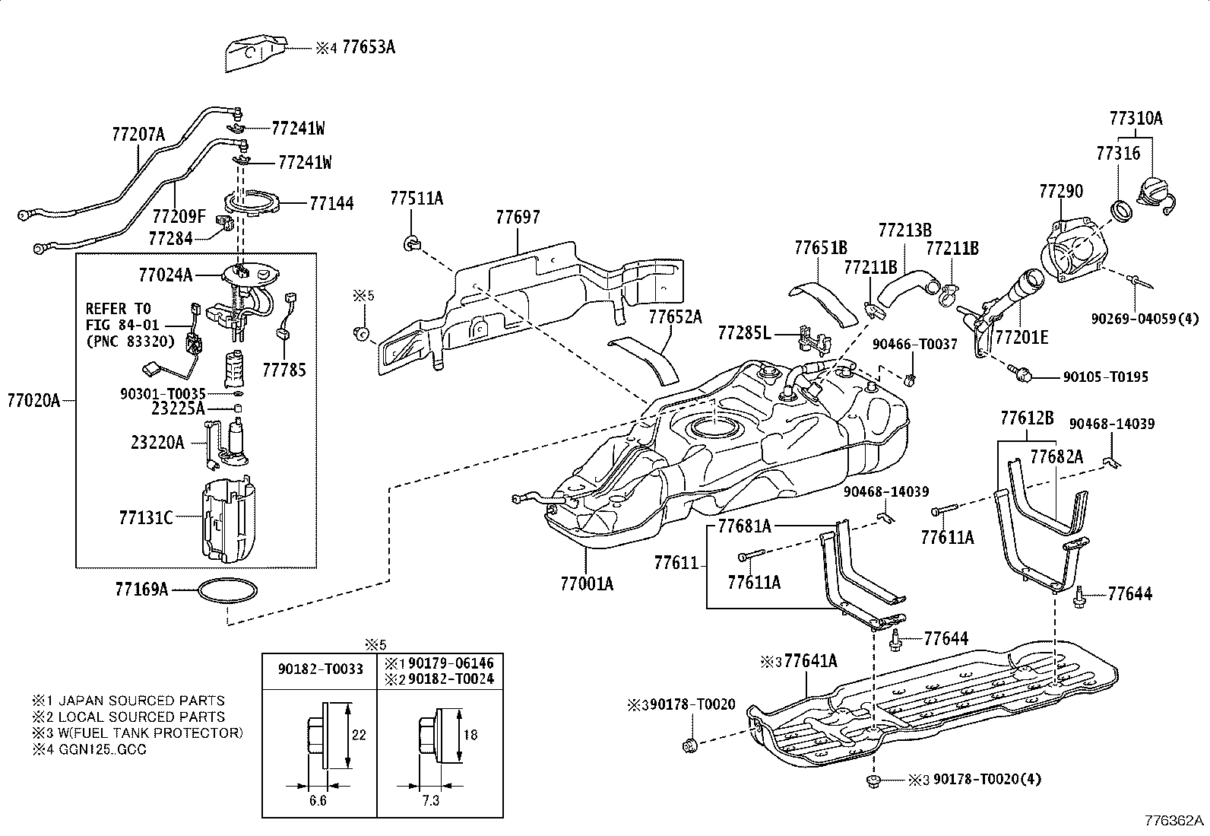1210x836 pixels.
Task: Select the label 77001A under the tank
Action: (x=586, y=583)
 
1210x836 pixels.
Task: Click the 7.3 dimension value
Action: (x=430, y=802)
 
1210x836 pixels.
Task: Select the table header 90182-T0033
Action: (x=320, y=669)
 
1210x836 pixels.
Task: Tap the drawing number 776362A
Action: (x=1175, y=822)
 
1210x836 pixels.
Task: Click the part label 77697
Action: (x=518, y=218)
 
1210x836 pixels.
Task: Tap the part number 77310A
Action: (x=1136, y=119)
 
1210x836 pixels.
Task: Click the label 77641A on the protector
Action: (x=810, y=661)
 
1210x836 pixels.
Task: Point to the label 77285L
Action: (x=744, y=332)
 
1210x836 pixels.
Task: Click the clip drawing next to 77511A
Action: (x=410, y=244)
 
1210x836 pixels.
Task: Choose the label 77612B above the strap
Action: (x=1026, y=418)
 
